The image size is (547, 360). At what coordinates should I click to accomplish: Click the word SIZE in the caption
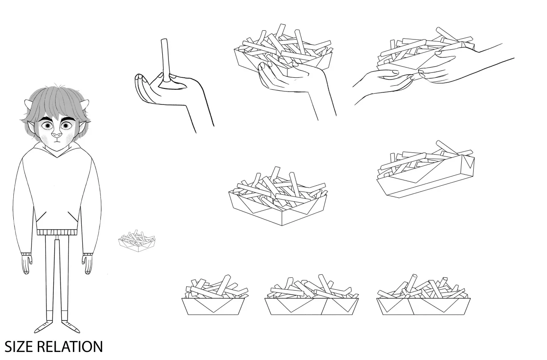(x=19, y=347)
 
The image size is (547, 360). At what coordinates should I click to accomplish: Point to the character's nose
(x=56, y=135)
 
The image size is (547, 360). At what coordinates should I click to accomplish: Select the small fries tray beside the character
(x=136, y=241)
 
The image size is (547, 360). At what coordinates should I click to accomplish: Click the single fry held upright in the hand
(x=165, y=60)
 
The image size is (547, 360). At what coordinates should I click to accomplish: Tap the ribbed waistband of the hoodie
(x=56, y=232)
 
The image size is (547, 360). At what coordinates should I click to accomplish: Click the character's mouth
(x=56, y=141)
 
